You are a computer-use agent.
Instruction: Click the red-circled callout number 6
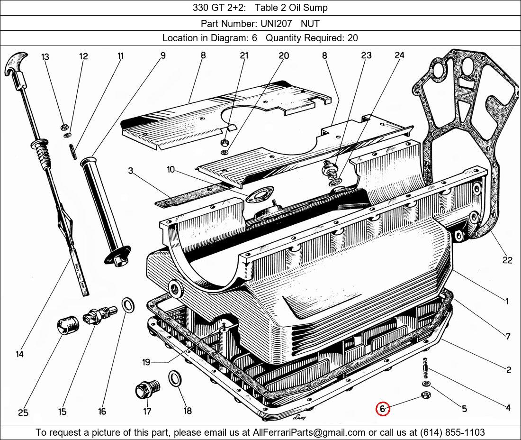click(x=382, y=409)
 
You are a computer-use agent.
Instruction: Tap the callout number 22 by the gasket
click(x=507, y=260)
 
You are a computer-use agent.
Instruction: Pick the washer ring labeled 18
click(x=175, y=379)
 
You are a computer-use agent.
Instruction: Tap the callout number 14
click(x=19, y=354)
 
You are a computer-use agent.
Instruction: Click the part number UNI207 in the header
click(x=274, y=23)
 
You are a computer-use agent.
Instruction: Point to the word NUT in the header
click(x=310, y=23)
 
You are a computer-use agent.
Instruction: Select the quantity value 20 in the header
click(x=352, y=38)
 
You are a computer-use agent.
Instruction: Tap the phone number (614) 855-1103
click(x=452, y=432)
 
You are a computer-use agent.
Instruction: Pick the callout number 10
click(x=171, y=169)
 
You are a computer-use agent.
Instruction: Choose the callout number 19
click(x=146, y=362)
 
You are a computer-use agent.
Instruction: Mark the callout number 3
click(x=131, y=171)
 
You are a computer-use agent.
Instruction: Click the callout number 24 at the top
click(x=399, y=55)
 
